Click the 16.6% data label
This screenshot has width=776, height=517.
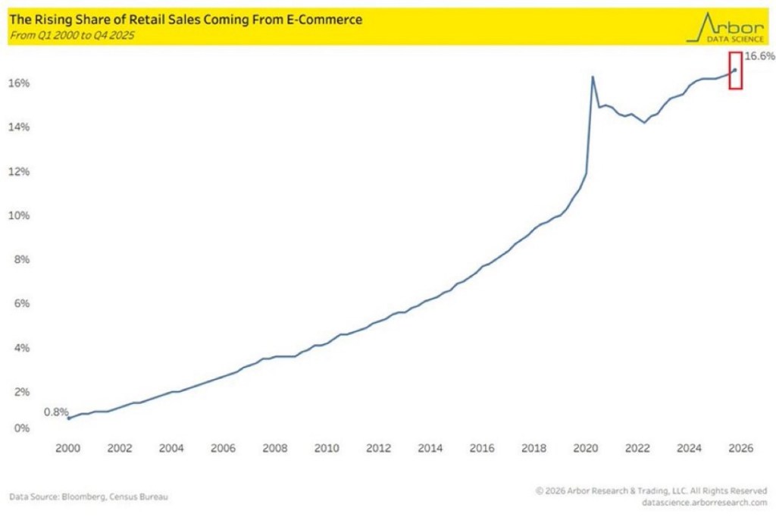759,56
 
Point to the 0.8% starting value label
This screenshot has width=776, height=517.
55,412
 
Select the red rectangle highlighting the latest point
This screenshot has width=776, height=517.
735,70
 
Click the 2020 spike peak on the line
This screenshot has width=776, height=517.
592,77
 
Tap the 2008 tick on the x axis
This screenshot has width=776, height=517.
274,447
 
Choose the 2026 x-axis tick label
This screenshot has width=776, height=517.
740,447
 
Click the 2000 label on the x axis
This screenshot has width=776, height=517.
68,447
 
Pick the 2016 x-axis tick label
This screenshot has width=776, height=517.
481,447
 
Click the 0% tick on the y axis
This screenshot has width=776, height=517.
24,428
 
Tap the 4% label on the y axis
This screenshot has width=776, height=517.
24,348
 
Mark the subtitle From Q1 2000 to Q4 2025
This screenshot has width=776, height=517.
67,34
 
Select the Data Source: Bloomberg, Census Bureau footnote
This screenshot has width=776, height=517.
89,497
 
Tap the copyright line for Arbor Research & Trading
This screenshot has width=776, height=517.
651,490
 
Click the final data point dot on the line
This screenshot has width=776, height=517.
734,70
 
